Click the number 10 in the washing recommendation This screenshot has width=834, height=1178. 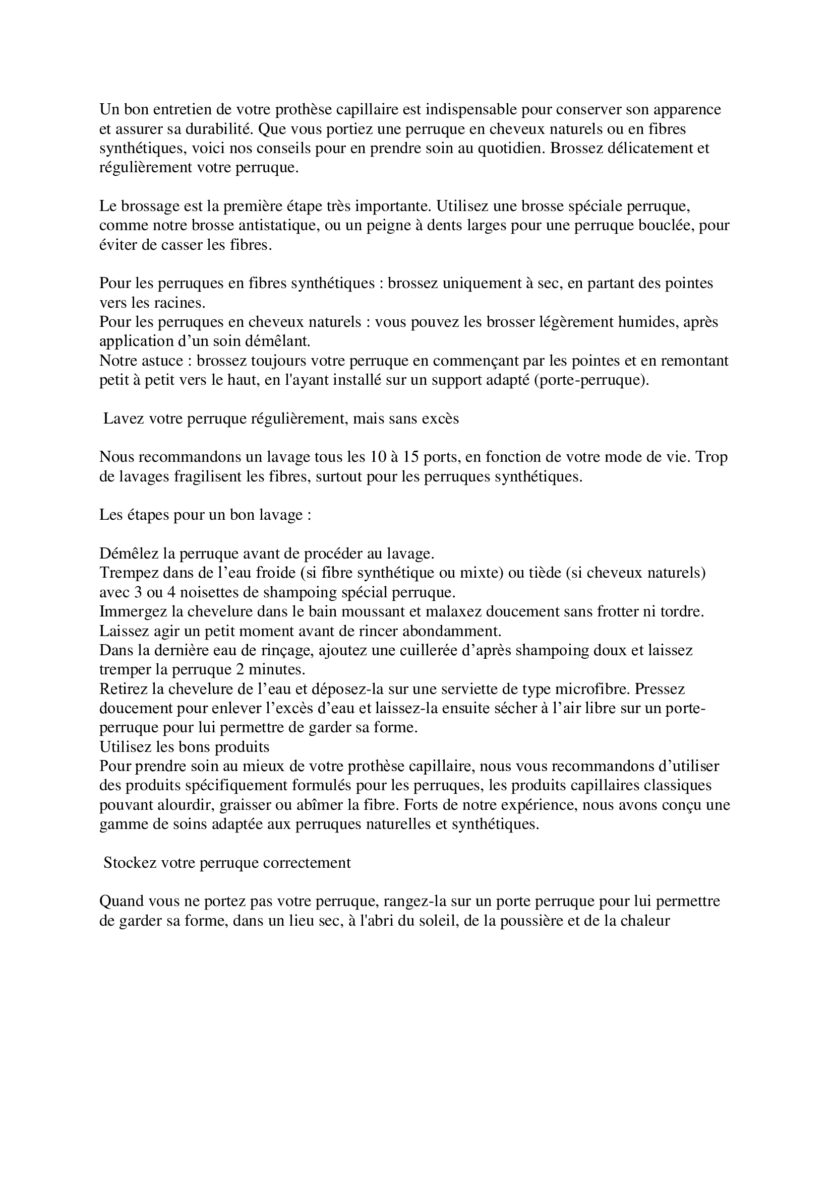(377, 457)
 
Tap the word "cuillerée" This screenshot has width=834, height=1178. (453, 651)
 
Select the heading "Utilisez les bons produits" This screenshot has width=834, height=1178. (185, 747)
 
